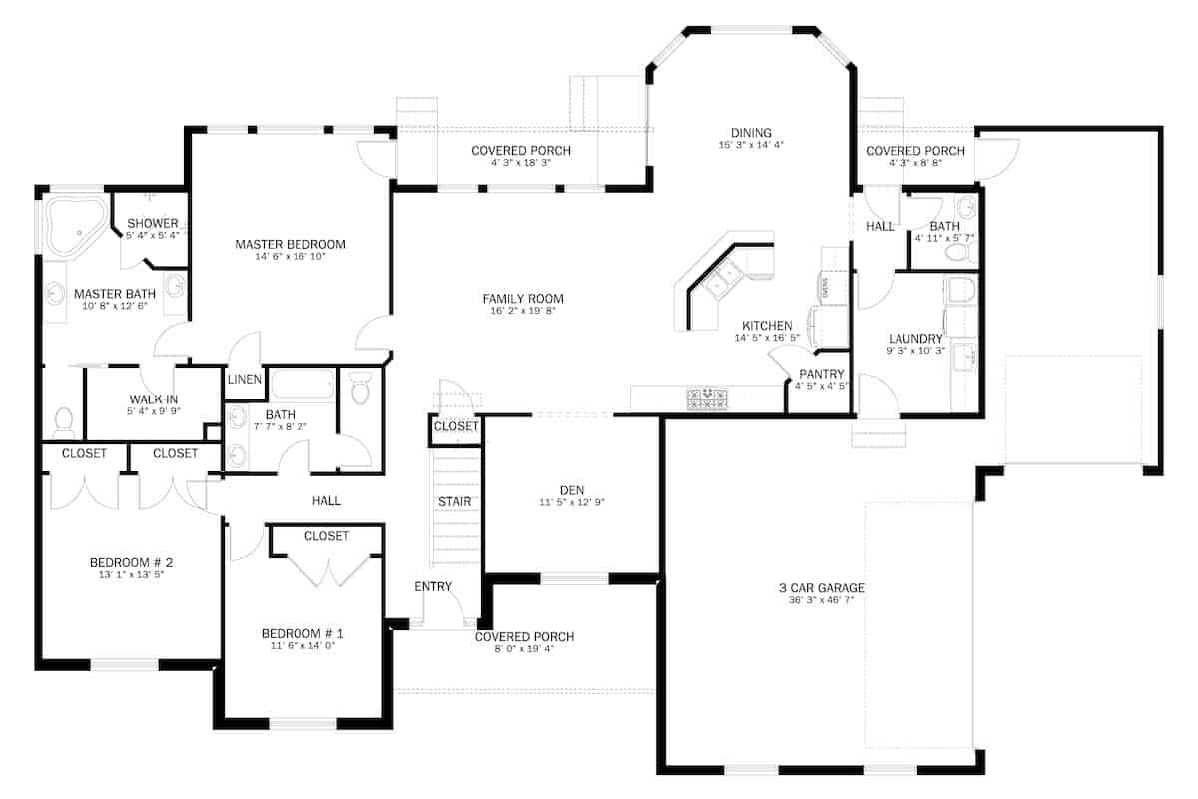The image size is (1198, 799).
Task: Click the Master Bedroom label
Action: point(290,244)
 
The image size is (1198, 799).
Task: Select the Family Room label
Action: point(523,299)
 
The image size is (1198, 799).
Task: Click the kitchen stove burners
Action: point(707,399)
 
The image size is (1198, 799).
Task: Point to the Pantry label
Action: point(822,374)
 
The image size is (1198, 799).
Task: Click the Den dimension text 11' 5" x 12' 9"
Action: point(571,503)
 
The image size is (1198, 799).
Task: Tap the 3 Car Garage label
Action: point(821,587)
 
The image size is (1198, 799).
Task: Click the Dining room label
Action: point(751,133)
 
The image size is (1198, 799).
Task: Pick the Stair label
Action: point(454,501)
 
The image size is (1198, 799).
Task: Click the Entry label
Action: point(433,586)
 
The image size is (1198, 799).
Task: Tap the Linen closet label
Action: point(245,380)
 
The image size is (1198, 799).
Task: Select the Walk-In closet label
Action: point(153,399)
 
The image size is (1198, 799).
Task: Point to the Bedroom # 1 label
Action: point(302,633)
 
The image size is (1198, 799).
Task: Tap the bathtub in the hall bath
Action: point(302,385)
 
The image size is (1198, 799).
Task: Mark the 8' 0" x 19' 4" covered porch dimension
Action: point(524,650)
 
